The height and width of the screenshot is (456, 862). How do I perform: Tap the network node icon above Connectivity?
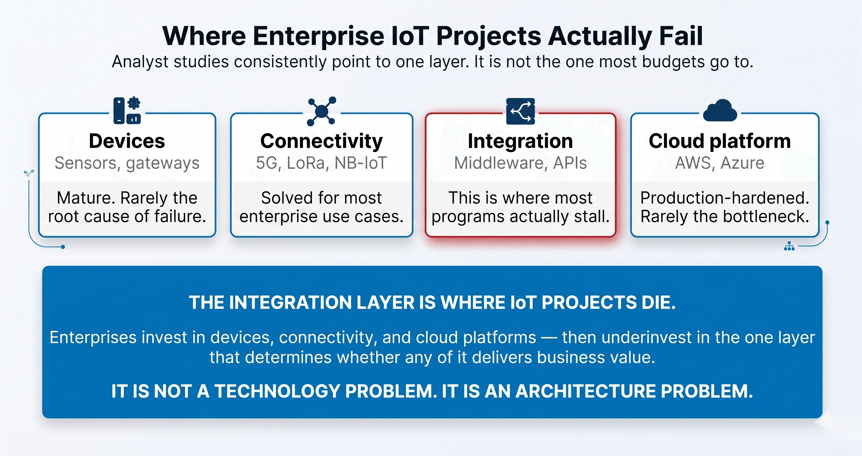tap(321, 111)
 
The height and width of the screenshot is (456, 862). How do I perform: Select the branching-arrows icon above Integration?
tap(520, 111)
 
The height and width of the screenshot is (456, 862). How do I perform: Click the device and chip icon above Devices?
tap(127, 111)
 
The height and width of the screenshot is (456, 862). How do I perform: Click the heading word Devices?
tap(127, 141)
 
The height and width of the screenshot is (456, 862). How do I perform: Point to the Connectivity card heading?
tap(321, 141)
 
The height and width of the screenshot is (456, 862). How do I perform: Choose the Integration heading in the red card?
tap(520, 141)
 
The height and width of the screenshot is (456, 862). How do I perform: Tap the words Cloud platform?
tap(719, 141)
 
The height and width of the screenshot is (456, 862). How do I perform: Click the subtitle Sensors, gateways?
tap(127, 163)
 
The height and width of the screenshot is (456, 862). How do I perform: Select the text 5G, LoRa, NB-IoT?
tap(321, 163)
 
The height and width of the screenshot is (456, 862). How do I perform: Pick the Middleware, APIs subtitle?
tap(520, 163)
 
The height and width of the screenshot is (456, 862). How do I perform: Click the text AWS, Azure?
tap(719, 163)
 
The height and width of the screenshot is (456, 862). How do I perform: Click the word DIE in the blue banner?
tap(658, 303)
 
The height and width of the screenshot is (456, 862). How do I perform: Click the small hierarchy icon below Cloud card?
tap(789, 246)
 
